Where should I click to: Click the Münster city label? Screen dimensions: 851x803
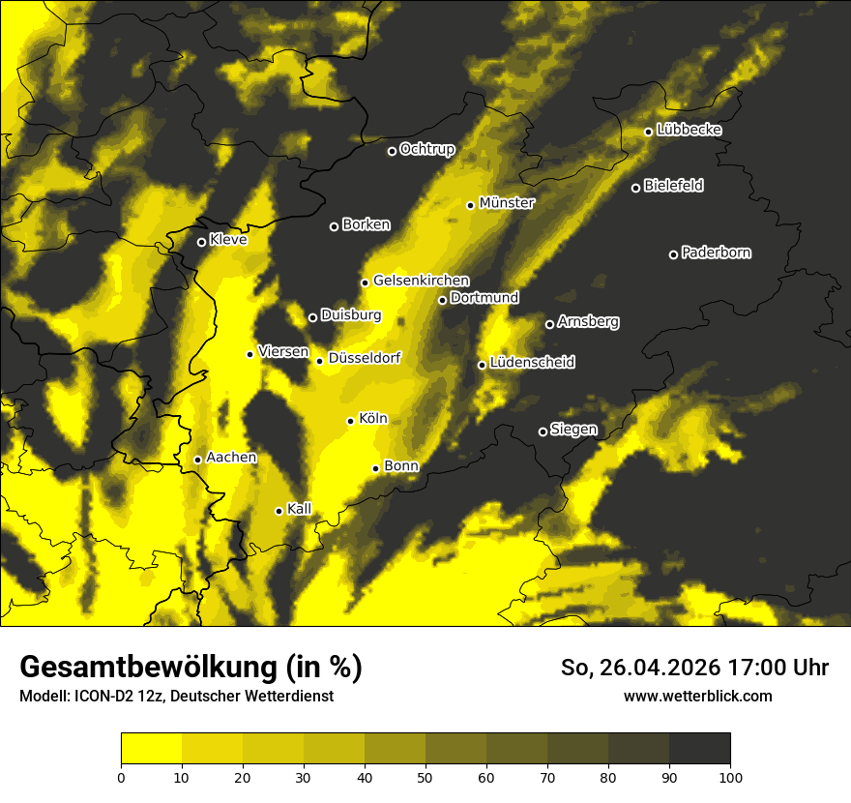click(507, 203)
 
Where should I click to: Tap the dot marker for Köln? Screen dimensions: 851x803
click(351, 421)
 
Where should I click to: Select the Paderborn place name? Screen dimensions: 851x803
click(717, 253)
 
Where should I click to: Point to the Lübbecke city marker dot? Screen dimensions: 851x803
click(648, 132)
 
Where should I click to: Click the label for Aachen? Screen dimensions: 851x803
click(232, 458)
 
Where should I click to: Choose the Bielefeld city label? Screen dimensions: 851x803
click(674, 185)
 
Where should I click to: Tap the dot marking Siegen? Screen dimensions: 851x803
click(543, 431)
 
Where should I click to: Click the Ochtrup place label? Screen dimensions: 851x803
click(427, 149)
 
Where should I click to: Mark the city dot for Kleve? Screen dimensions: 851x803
click(201, 242)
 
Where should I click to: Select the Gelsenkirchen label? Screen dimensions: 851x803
click(421, 281)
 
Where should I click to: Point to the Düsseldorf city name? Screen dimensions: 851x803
click(365, 358)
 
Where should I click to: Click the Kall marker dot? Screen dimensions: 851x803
click(279, 511)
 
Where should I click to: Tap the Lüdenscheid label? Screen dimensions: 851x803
click(533, 363)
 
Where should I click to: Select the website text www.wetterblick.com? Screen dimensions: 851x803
click(698, 696)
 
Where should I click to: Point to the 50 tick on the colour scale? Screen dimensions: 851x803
click(425, 776)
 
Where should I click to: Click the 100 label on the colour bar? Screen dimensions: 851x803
click(730, 776)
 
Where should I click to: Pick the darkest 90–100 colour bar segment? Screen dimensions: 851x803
click(699, 749)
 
